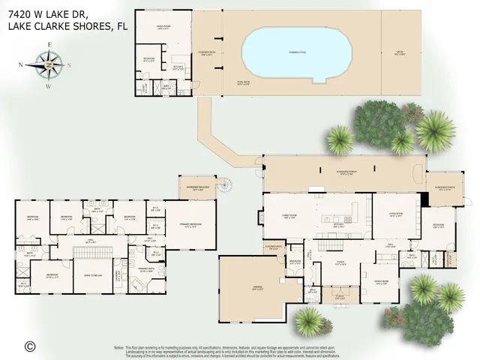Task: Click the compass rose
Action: [x=49, y=65]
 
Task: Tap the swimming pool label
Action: [x=298, y=54]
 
